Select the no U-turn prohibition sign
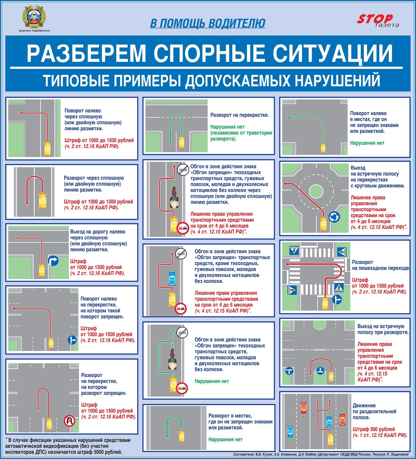[x=69, y=421]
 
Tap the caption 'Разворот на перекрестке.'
[x=239, y=115]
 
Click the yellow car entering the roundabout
[x=323, y=224]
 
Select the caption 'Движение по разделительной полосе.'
[x=374, y=411]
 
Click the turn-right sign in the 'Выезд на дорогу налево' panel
[x=53, y=261]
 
